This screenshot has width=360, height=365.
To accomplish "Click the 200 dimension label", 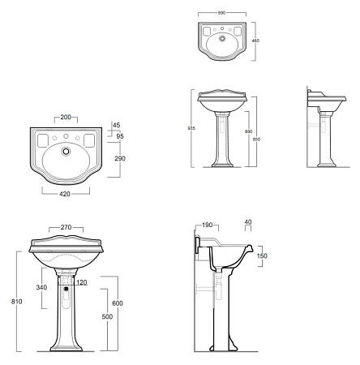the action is pyautogui.click(x=66, y=117).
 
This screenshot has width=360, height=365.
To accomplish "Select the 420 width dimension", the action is pyautogui.click(x=65, y=194).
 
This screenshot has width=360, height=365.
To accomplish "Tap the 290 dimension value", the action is pyautogui.click(x=120, y=158).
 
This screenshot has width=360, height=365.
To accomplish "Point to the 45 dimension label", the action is pyautogui.click(x=117, y=125).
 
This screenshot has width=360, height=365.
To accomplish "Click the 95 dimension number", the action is pyautogui.click(x=120, y=136).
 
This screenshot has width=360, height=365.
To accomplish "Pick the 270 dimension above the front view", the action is pyautogui.click(x=66, y=227).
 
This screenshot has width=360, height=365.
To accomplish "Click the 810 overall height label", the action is pyautogui.click(x=17, y=301).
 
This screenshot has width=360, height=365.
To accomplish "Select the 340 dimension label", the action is pyautogui.click(x=41, y=287).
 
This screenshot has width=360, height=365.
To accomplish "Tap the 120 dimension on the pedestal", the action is pyautogui.click(x=82, y=282).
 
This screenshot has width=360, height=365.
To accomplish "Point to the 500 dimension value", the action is pyautogui.click(x=107, y=316).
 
